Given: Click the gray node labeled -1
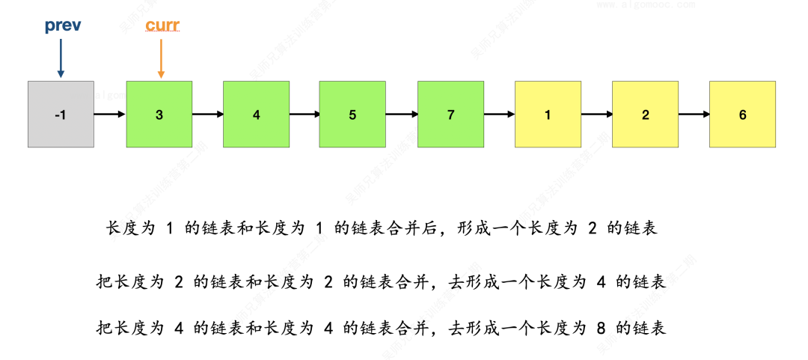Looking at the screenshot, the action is pyautogui.click(x=61, y=115).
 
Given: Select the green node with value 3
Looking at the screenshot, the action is pyautogui.click(x=159, y=115).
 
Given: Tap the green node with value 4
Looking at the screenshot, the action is pyautogui.click(x=257, y=115).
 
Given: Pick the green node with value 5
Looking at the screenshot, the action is pyautogui.click(x=352, y=115).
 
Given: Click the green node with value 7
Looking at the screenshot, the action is pyautogui.click(x=450, y=115).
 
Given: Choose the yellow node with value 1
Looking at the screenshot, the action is pyautogui.click(x=548, y=115).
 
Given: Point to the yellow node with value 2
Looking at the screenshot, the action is pyautogui.click(x=645, y=115).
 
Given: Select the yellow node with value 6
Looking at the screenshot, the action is pyautogui.click(x=742, y=115).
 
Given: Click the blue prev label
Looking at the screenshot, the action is pyautogui.click(x=63, y=26).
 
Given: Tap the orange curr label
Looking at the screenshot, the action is pyautogui.click(x=162, y=26).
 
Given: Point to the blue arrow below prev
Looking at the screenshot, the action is pyautogui.click(x=61, y=58).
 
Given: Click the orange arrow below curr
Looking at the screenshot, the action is pyautogui.click(x=161, y=58).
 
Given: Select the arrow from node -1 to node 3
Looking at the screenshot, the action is pyautogui.click(x=110, y=115).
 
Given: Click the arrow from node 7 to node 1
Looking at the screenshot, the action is pyautogui.click(x=499, y=115).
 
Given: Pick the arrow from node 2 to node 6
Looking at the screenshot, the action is pyautogui.click(x=694, y=115).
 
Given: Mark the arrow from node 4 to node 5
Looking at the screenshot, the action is pyautogui.click(x=304, y=115).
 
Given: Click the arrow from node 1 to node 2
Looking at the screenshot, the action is pyautogui.click(x=596, y=115).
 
